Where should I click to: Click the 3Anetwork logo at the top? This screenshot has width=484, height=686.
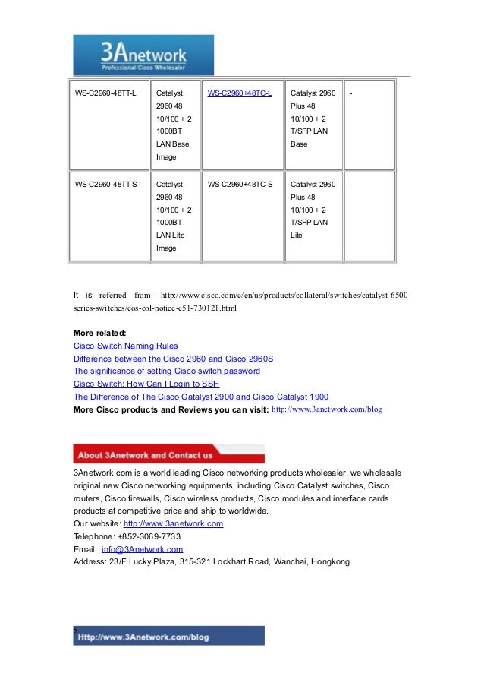point(143,55)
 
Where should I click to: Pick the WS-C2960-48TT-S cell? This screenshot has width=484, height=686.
point(105,184)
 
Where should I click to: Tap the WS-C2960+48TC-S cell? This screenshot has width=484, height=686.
point(240,184)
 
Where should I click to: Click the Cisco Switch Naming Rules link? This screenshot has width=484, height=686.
point(125,346)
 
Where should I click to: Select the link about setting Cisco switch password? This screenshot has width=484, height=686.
point(166,371)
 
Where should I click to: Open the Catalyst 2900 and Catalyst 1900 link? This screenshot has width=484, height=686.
point(200,397)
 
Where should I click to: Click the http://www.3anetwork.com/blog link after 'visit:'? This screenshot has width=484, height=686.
point(326,409)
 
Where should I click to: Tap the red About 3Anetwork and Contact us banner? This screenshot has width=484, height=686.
point(168,454)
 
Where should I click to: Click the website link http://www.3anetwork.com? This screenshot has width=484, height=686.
point(173,524)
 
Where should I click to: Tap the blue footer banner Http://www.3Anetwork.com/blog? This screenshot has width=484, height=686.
point(168,636)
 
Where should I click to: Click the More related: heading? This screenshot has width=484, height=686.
point(100,333)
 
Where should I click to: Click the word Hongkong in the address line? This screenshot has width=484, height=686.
point(329,561)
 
